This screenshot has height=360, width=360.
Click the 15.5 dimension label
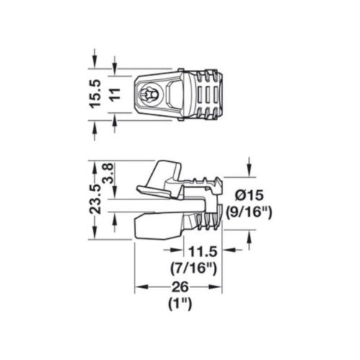(96, 94)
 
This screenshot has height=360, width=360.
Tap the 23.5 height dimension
(95, 199)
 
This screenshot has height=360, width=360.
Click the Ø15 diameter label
(249, 196)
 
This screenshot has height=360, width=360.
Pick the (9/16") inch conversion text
(249, 212)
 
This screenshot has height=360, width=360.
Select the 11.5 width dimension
(203, 251)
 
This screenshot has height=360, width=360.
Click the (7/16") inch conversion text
(194, 268)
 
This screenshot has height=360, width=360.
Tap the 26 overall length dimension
(180, 287)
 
